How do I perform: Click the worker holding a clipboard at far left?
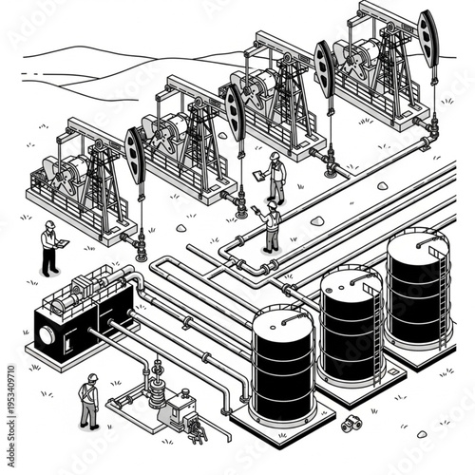(x=48, y=249)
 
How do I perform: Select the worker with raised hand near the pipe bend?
(x=272, y=226)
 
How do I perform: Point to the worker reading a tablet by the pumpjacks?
(x=275, y=176)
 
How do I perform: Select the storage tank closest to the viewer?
(x=282, y=366)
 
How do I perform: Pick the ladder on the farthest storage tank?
(x=445, y=285)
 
